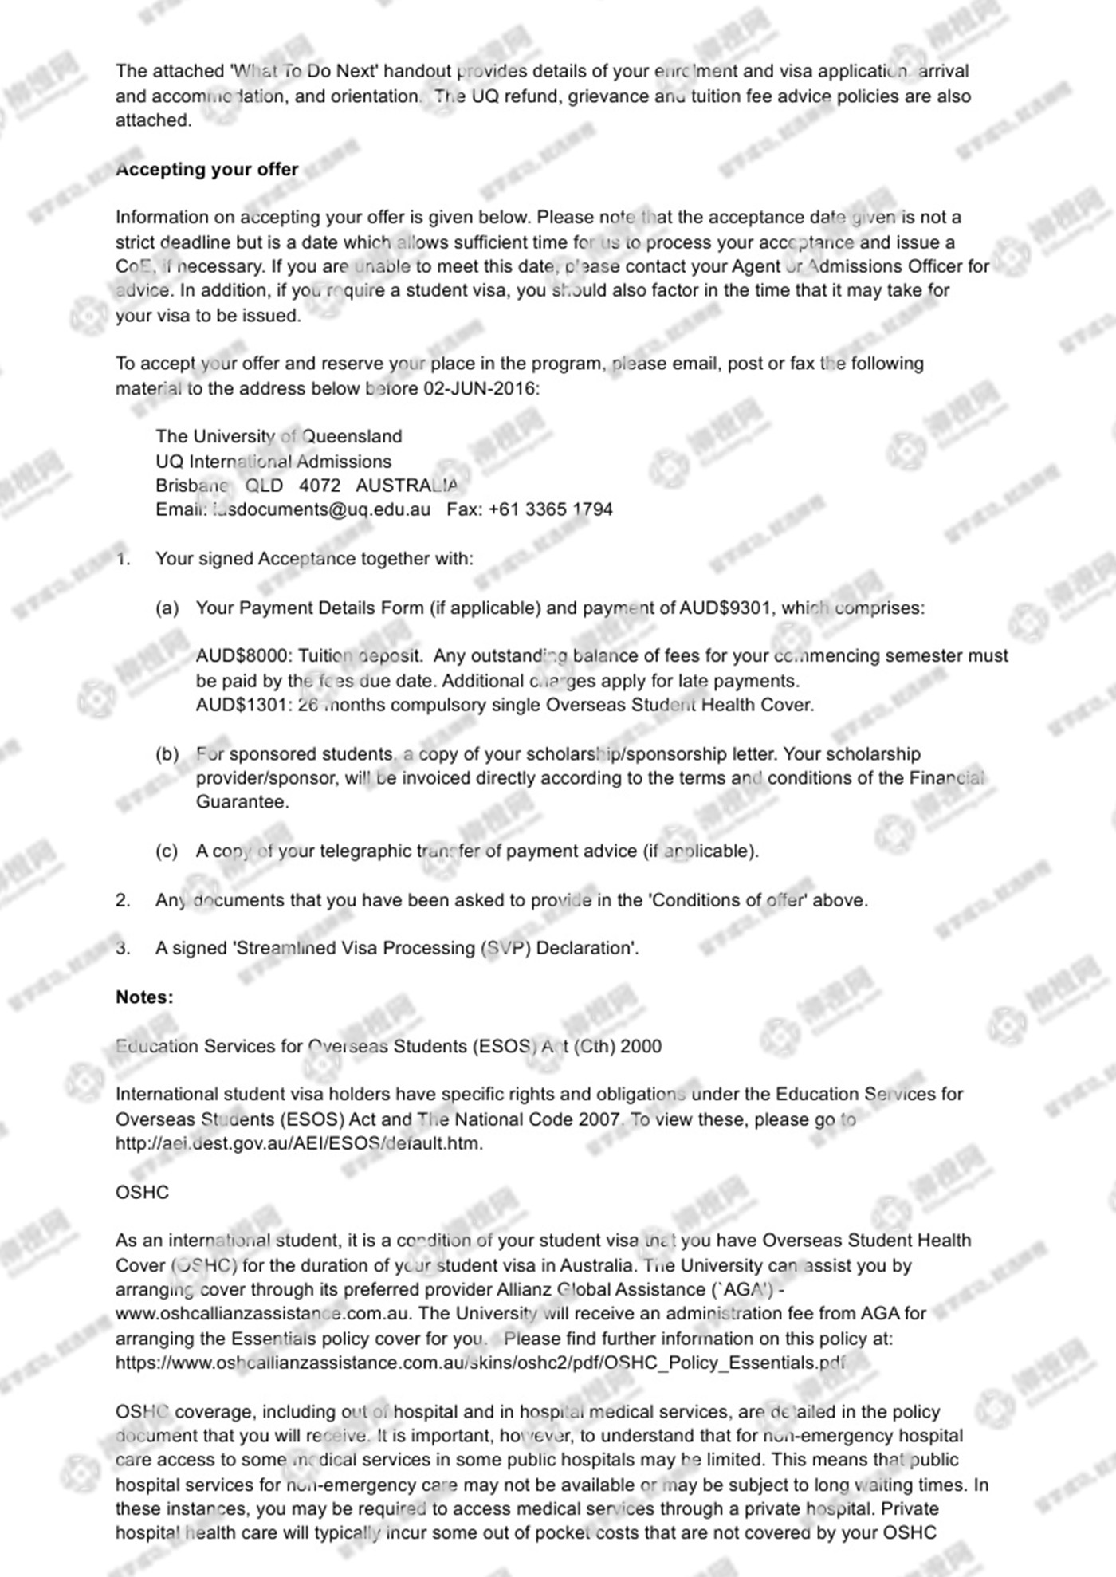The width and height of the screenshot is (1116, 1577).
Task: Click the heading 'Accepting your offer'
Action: [206, 170]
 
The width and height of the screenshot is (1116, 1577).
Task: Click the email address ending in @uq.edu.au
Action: [321, 510]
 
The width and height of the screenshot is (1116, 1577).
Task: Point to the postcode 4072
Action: [320, 486]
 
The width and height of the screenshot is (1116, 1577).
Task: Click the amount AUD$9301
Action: [725, 608]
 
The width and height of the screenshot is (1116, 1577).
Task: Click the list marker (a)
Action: [167, 608]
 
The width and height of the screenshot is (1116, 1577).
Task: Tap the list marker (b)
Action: [167, 754]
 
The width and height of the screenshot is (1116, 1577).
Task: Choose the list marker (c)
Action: [167, 851]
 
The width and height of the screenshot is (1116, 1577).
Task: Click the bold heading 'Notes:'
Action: [144, 997]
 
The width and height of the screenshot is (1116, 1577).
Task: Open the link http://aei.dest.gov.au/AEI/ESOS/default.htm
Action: [299, 1144]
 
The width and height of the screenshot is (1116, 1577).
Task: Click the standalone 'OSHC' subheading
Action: [142, 1193]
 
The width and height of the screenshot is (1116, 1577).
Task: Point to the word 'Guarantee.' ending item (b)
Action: [242, 803]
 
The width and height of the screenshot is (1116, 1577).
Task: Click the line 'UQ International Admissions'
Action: [273, 462]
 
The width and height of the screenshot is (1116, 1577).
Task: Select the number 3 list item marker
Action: [123, 949]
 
